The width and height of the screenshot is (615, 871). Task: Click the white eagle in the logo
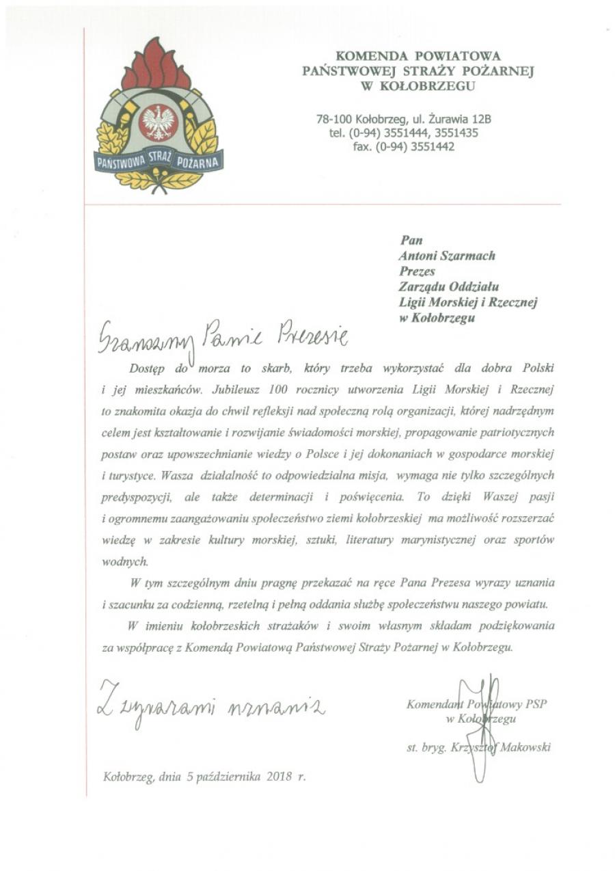(158, 122)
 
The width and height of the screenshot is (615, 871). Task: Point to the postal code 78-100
(333, 119)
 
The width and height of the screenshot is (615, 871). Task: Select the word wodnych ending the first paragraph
(124, 561)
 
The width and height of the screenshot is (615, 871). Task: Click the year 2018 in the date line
(279, 777)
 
